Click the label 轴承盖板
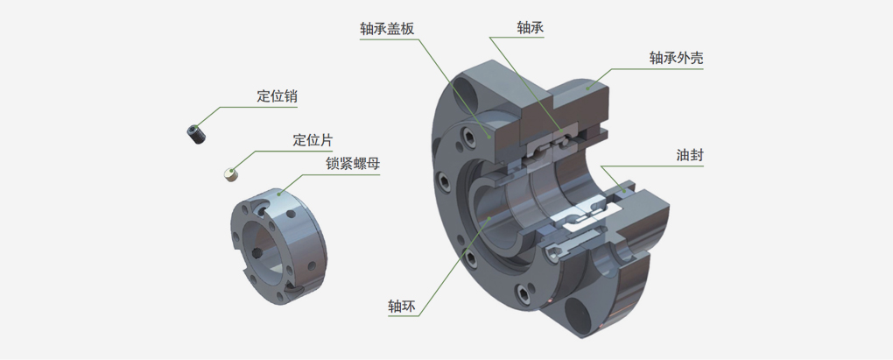(x=387, y=29)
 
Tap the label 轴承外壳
(x=676, y=58)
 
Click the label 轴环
(x=402, y=306)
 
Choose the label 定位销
(x=277, y=96)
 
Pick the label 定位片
(x=313, y=140)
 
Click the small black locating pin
(x=196, y=133)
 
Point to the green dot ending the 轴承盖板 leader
(x=489, y=136)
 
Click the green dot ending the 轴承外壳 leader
(x=587, y=88)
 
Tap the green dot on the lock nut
(x=279, y=194)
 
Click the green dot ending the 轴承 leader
(x=563, y=137)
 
